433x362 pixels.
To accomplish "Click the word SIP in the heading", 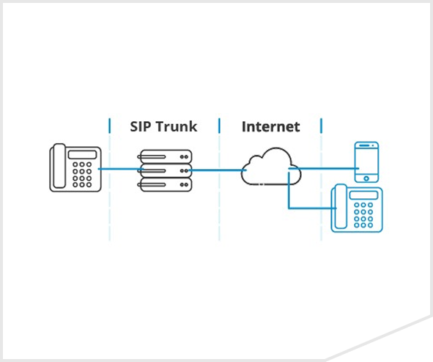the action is (140, 127).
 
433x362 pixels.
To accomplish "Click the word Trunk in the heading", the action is (176, 127).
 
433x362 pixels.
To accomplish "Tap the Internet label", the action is (270, 127).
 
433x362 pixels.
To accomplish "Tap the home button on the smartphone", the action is (366, 178).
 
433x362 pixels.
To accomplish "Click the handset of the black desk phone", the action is (59, 166).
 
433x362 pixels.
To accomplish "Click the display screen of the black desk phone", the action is (82, 155).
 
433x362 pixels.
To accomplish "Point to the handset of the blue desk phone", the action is (341, 206).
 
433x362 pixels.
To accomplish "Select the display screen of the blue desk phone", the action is (363, 195).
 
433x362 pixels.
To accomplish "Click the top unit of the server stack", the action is (165, 156).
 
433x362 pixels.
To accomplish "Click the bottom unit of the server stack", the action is (165, 184).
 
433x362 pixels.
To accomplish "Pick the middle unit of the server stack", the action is (165, 171).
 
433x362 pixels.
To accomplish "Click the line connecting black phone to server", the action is (121, 169).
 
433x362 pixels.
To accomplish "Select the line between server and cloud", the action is (218, 170).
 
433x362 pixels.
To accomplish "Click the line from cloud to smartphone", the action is (324, 168).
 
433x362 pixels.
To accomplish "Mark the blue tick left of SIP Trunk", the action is (110, 126).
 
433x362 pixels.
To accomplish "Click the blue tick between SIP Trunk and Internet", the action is (219, 126).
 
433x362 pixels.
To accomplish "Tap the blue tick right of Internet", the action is (321, 126).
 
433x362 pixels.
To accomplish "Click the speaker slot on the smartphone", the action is (364, 145).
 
